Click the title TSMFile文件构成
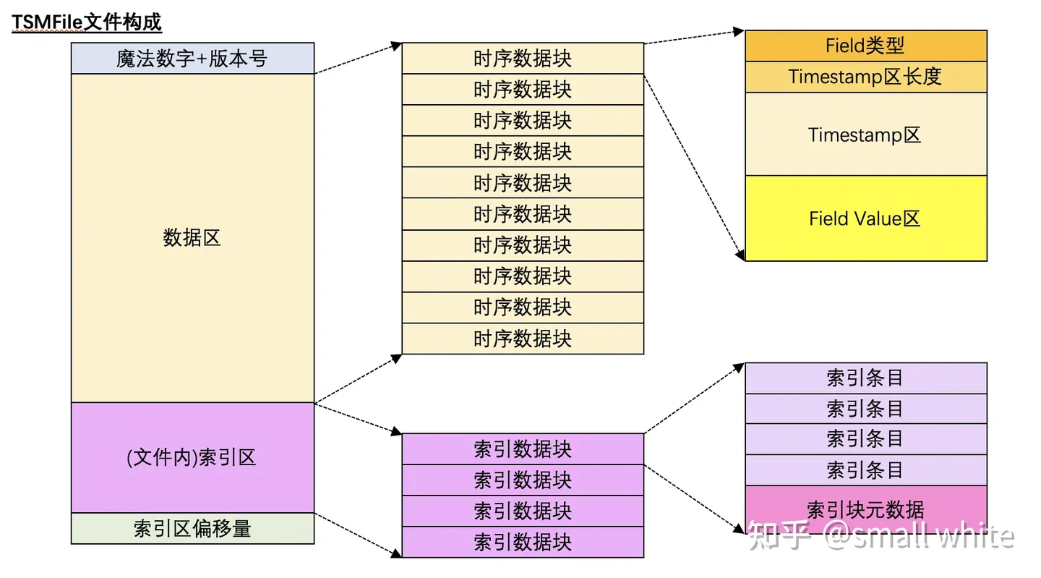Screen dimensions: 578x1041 86,22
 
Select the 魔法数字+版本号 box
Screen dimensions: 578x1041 192,59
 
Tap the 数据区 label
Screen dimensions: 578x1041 192,237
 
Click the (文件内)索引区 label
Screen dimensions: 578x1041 192,458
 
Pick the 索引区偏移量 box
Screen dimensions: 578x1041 192,529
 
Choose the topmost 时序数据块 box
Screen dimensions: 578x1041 522,59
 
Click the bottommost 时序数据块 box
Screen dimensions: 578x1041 522,339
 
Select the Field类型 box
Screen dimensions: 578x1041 865,46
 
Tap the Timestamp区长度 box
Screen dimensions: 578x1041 865,77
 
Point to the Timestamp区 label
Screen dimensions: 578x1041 865,135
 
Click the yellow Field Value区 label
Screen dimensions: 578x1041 865,218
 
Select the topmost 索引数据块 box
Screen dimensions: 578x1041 522,449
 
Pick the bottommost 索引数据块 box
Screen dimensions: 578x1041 522,543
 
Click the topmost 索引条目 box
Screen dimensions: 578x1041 865,378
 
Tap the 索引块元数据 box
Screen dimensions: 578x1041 865,509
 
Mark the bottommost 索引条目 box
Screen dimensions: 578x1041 865,470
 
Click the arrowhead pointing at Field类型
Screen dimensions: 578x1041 739,32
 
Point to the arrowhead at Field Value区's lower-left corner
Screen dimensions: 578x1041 740,255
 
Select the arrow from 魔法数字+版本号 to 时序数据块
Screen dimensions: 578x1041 358,59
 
